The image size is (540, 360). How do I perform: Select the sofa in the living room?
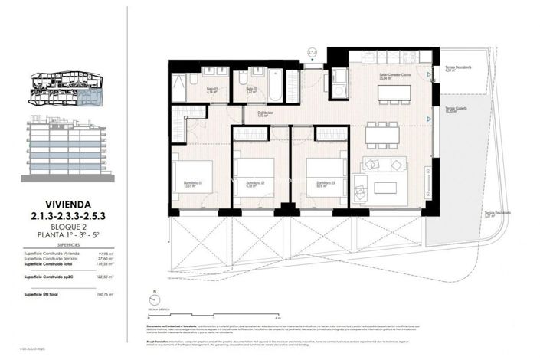pos(384,165)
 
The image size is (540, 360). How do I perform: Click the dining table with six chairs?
pos(381,135)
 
